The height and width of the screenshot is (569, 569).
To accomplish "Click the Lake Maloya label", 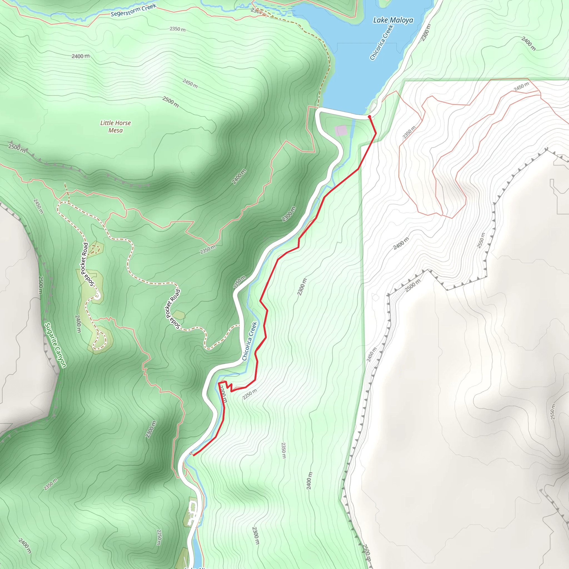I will click(x=393, y=20).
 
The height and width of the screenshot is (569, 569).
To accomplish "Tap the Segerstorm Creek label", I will click(x=133, y=10).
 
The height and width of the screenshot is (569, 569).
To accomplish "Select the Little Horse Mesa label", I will click(x=116, y=127).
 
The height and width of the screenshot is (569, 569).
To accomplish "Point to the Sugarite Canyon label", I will click(x=55, y=345).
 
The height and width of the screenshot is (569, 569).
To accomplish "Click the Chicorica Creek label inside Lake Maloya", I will click(x=382, y=43).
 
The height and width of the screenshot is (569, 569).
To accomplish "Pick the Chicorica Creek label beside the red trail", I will click(x=249, y=341).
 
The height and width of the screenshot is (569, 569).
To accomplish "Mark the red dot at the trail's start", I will click(x=369, y=117).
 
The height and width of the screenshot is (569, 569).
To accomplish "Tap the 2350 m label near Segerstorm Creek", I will click(x=178, y=29).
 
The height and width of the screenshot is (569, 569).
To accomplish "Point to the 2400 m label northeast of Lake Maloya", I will click(x=528, y=44).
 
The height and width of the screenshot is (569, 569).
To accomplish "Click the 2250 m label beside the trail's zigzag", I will click(x=249, y=394).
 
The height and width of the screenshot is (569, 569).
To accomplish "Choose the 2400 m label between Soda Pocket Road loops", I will click(x=78, y=324).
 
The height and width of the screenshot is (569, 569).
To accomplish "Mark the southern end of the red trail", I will click(x=193, y=455).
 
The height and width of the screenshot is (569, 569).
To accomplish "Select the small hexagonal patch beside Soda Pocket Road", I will click(x=178, y=315).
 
